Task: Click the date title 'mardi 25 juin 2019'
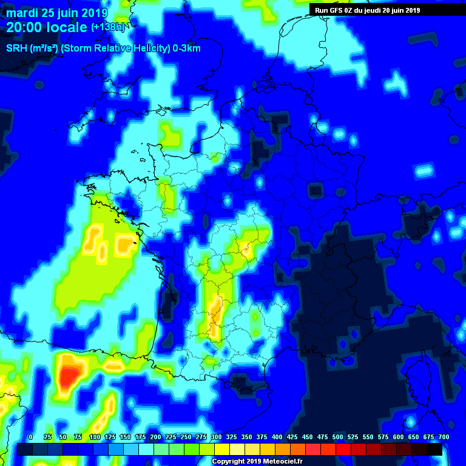(x=57, y=13)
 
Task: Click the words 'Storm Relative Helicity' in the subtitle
(x=115, y=49)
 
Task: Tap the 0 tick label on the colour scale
(x=30, y=437)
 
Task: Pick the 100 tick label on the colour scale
(x=95, y=437)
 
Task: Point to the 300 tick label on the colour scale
(x=216, y=437)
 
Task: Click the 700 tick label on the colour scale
(x=444, y=437)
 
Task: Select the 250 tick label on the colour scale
(x=186, y=437)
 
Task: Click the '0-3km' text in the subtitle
(x=187, y=49)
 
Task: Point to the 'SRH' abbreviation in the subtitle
(x=15, y=49)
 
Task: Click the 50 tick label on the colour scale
(x=62, y=437)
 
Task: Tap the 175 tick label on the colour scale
(x=140, y=437)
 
